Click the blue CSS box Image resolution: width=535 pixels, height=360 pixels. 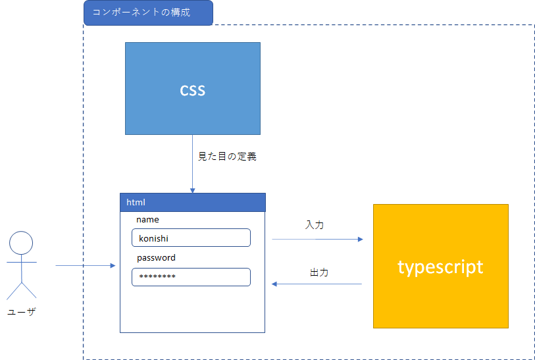tap(193, 88)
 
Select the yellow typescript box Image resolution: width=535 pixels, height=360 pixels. tap(441, 266)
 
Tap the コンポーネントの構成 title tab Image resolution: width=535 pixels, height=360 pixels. tap(149, 13)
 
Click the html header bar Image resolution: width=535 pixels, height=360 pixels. tap(193, 202)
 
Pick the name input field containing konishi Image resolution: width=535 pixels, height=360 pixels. tap(191, 238)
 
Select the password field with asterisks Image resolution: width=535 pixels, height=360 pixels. tap(191, 277)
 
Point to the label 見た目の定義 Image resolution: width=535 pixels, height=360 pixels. tap(227, 156)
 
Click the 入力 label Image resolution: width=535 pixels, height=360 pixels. tap(315, 225)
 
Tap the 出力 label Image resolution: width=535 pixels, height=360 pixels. tap(319, 272)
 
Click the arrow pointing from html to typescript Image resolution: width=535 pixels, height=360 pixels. tap(317, 239)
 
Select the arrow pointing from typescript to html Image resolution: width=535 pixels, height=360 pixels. tap(317, 284)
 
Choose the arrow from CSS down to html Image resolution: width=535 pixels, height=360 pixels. tap(192, 164)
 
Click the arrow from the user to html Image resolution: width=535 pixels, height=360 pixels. tap(86, 265)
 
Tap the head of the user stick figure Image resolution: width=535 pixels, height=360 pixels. tap(21, 243)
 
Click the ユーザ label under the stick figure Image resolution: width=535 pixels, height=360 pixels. tap(22, 311)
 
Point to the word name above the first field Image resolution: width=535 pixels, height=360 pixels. tap(148, 219)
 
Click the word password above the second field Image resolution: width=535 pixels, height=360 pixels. tap(156, 257)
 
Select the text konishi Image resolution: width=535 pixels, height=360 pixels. tap(153, 238)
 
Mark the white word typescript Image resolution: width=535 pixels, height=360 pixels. tap(440, 267)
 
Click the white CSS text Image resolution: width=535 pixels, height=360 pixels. tap(193, 90)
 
